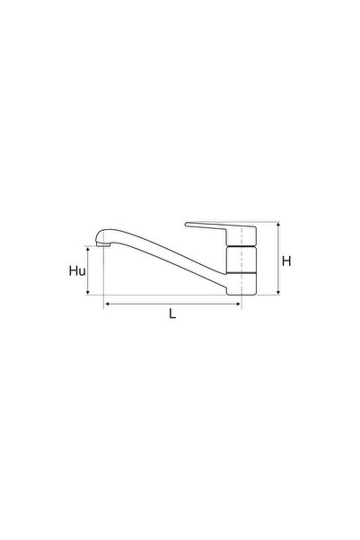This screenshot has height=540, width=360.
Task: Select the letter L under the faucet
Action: pyautogui.click(x=173, y=315)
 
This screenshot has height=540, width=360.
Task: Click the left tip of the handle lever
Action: pyautogui.click(x=187, y=225)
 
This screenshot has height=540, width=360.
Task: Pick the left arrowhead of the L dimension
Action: pyautogui.click(x=108, y=305)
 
